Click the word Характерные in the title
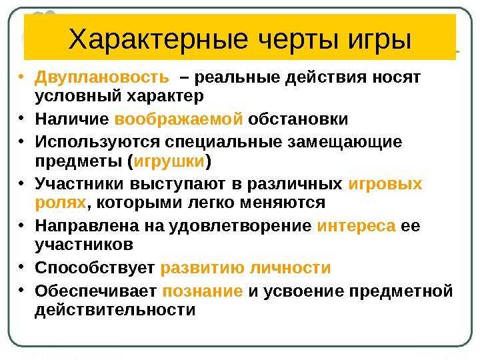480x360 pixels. tap(158, 39)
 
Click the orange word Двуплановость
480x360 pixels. tap(101, 77)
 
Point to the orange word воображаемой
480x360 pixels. tap(179, 119)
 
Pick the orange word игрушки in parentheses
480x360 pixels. tap(169, 161)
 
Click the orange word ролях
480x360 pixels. tap(61, 203)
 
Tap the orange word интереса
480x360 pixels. tap(356, 226)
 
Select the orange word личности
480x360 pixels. tap(290, 268)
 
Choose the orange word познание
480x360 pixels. tap(203, 291)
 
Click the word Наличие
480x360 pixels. tap(72, 119)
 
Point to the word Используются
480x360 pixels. tap(97, 143)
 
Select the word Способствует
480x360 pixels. tap(95, 268)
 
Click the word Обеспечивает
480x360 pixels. tap(96, 291)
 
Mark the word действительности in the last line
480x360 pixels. tap(115, 311)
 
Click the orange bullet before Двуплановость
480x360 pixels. tap(21, 76)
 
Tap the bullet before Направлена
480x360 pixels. tap(21, 225)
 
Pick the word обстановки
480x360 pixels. tap(298, 119)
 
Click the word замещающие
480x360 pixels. tap(345, 143)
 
